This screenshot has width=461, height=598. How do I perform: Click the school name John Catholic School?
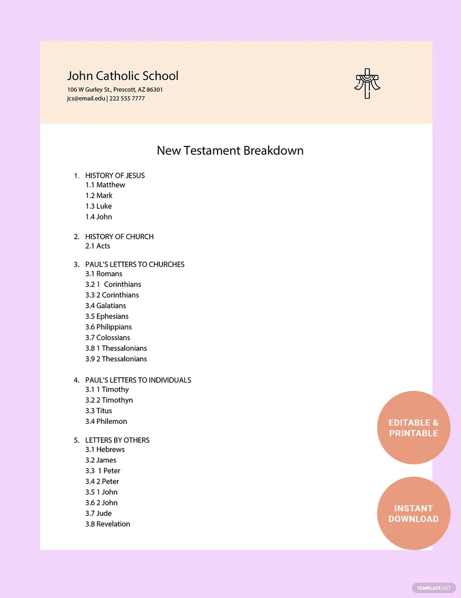click(123, 76)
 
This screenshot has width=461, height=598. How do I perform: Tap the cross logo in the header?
click(367, 83)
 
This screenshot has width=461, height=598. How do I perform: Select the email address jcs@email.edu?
click(86, 99)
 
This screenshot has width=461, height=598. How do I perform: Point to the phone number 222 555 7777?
click(127, 99)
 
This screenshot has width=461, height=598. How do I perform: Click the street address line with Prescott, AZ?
click(115, 90)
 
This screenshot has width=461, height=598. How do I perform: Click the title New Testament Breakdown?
click(230, 151)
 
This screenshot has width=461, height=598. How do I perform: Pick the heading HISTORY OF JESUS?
click(115, 176)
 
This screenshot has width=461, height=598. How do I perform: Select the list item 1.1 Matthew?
click(105, 185)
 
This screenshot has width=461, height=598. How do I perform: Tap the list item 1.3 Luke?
click(98, 206)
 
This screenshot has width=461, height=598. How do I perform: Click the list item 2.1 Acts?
click(98, 246)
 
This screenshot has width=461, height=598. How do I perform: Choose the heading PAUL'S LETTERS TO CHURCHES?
click(135, 264)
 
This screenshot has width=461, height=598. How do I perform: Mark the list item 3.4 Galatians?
click(106, 306)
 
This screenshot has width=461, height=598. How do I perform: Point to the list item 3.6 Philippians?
click(108, 327)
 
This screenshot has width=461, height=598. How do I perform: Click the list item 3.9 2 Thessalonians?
click(116, 359)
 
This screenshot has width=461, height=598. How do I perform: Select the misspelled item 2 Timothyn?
click(109, 400)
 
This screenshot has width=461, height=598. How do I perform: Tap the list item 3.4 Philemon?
click(106, 421)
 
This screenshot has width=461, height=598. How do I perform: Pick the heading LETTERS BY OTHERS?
click(117, 440)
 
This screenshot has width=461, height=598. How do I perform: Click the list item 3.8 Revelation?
click(108, 524)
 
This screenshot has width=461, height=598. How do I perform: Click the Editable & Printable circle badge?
click(413, 428)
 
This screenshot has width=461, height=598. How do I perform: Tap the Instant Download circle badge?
click(413, 513)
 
